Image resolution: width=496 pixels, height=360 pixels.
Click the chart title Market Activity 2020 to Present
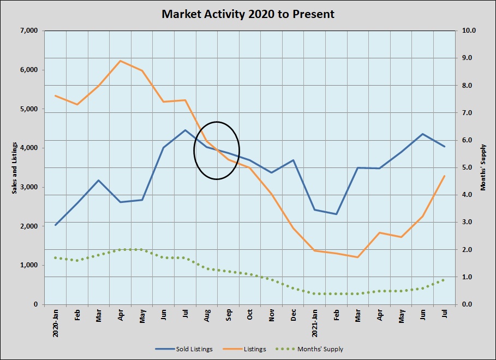click(248, 14)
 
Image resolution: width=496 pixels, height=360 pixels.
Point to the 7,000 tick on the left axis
click(28, 31)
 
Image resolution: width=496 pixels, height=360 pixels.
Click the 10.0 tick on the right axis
click(469, 31)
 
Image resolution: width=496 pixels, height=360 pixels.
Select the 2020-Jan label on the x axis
click(56, 324)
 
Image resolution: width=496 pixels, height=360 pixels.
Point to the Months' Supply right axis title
click(483, 167)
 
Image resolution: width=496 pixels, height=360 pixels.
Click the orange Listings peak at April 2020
click(121, 61)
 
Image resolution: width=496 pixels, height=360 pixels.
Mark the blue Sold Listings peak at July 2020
click(186, 130)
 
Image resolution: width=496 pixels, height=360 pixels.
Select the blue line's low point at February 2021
click(337, 214)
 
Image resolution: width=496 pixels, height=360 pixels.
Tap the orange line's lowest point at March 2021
click(358, 257)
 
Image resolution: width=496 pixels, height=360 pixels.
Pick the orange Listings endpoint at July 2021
click(445, 176)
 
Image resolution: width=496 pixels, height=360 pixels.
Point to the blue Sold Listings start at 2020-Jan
click(56, 225)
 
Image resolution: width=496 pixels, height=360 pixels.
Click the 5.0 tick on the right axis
click(469, 167)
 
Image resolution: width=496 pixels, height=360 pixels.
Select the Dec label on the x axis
click(293, 316)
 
